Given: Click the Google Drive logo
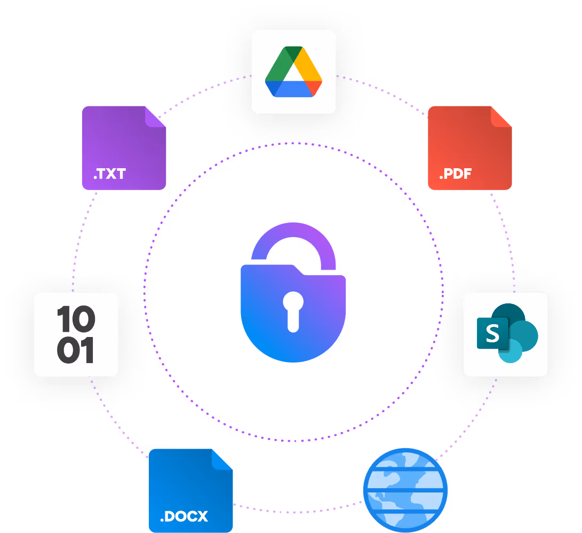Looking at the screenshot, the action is [x=293, y=72].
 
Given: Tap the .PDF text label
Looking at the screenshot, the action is [x=455, y=174].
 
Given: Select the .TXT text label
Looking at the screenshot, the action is [x=109, y=174].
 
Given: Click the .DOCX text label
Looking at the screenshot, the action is [x=184, y=516].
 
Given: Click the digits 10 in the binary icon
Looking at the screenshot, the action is [x=76, y=319].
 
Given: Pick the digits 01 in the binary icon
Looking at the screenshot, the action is [x=76, y=351].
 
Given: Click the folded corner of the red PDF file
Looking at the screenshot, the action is [x=501, y=117].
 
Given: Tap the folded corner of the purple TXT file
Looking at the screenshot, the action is [x=155, y=117].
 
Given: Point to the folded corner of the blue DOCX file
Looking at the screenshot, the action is [x=222, y=459].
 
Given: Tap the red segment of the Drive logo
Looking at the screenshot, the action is [x=315, y=88].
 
